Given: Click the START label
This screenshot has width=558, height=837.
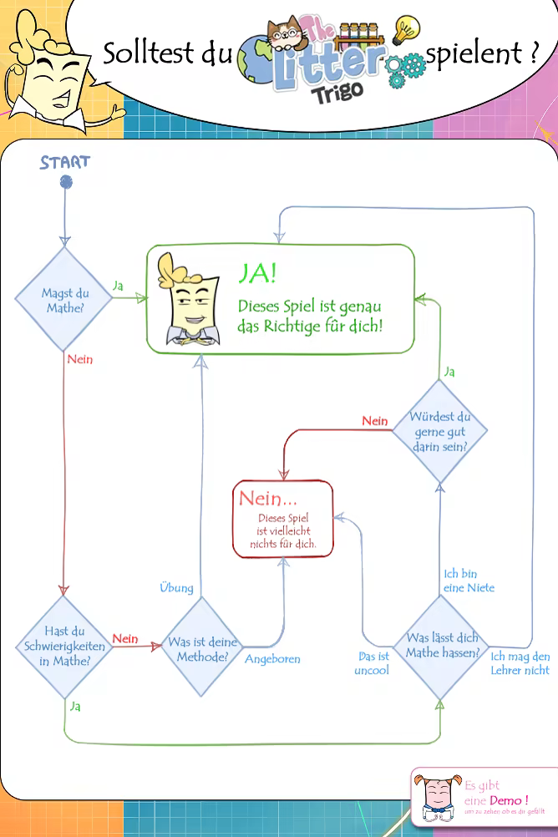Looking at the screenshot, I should pyautogui.click(x=64, y=162).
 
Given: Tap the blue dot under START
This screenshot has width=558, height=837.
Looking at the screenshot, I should pyautogui.click(x=66, y=181).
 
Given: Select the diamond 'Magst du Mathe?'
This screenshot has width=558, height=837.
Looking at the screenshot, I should pyautogui.click(x=65, y=300).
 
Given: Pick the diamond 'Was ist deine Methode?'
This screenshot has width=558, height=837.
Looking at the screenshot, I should pyautogui.click(x=203, y=649).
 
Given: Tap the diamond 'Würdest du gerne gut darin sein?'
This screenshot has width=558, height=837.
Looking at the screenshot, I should pyautogui.click(x=439, y=431).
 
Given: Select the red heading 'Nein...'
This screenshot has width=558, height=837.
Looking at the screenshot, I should pyautogui.click(x=267, y=499).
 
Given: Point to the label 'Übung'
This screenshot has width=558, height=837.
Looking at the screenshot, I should pyautogui.click(x=176, y=587).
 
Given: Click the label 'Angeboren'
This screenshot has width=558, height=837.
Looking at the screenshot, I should pyautogui.click(x=272, y=659).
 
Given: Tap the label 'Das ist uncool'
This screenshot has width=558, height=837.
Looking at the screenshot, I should pyautogui.click(x=373, y=663).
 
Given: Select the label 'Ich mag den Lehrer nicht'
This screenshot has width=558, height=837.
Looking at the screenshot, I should pyautogui.click(x=520, y=663).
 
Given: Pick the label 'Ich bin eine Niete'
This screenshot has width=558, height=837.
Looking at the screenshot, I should pyautogui.click(x=469, y=581).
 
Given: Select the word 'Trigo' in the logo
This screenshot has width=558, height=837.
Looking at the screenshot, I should pyautogui.click(x=337, y=91).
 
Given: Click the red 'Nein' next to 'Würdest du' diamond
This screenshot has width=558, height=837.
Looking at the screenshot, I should pyautogui.click(x=375, y=421).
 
